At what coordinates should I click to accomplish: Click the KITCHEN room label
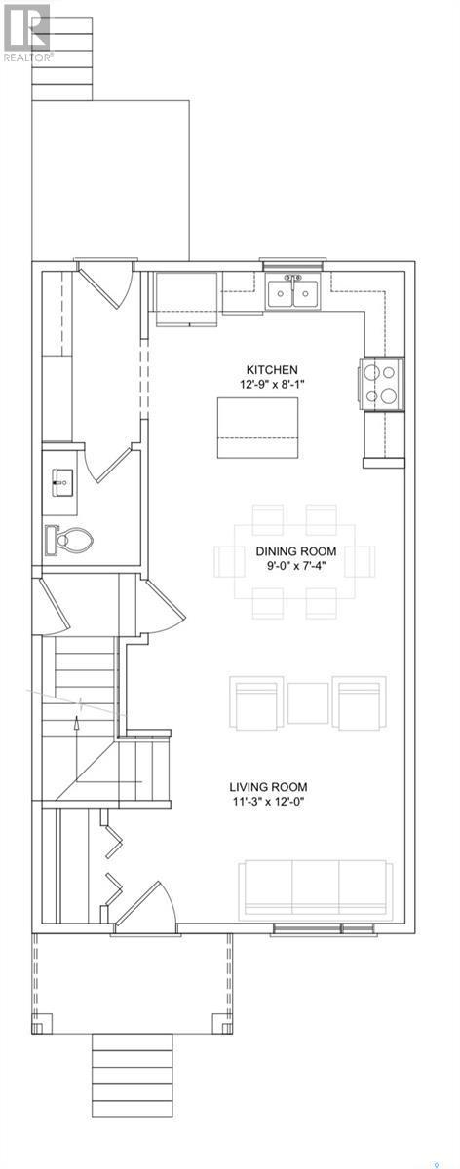coord(272,369)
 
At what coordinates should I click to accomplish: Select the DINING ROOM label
coord(295,551)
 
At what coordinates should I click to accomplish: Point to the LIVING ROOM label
coord(268,786)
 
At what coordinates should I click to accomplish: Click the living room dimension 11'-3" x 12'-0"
coord(268,802)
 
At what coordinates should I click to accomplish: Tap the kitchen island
coord(257,428)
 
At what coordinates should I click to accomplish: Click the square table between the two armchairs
coord(308,703)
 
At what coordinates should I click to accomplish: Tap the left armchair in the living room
coord(256,702)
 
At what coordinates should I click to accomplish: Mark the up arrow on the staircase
coord(77,749)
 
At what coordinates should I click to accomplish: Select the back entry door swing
coord(105,284)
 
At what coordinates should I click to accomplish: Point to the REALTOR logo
coord(26,32)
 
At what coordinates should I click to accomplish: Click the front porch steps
coord(133,1073)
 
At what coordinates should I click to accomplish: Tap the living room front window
coord(325,929)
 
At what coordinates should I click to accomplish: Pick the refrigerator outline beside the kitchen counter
coord(186,299)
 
